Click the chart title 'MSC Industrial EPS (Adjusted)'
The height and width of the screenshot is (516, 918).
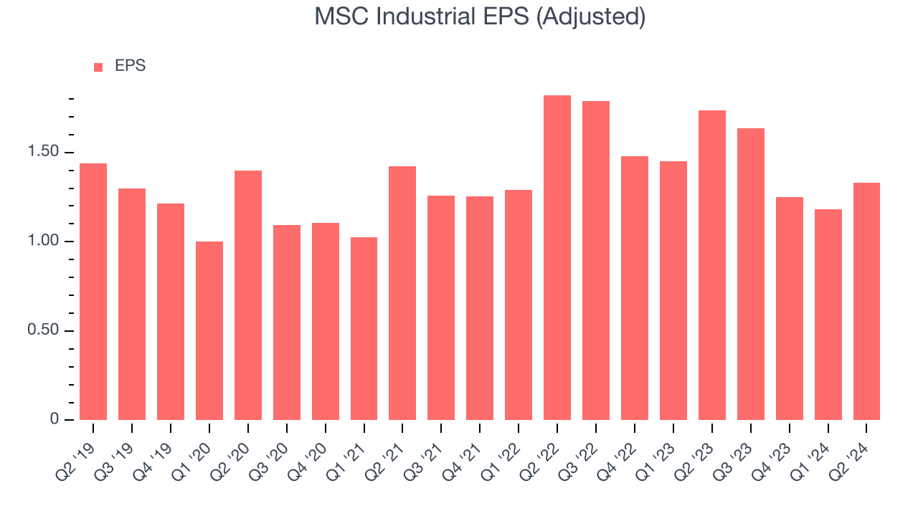coord(480,16)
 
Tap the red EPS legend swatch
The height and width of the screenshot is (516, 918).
coord(98,67)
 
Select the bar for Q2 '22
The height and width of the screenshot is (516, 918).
coord(557,257)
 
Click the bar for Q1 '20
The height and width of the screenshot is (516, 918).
coord(209,330)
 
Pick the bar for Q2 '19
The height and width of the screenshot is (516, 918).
coord(93,292)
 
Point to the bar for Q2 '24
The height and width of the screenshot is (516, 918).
coord(866,301)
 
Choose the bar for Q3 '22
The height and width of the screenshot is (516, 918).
coord(596,260)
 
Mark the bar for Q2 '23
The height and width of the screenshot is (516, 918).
coord(712,265)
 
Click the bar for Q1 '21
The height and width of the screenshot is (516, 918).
coord(364,328)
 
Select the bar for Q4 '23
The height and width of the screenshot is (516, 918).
coord(789,308)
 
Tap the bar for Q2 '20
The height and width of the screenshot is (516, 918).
coord(248,295)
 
